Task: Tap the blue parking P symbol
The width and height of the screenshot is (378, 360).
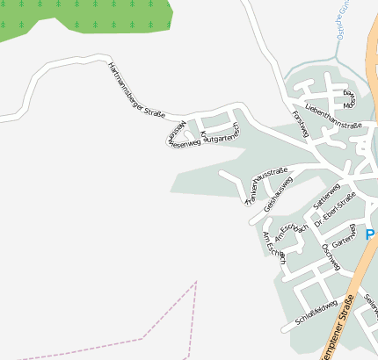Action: [371, 234]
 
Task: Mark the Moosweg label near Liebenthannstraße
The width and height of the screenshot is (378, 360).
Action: [350, 97]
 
